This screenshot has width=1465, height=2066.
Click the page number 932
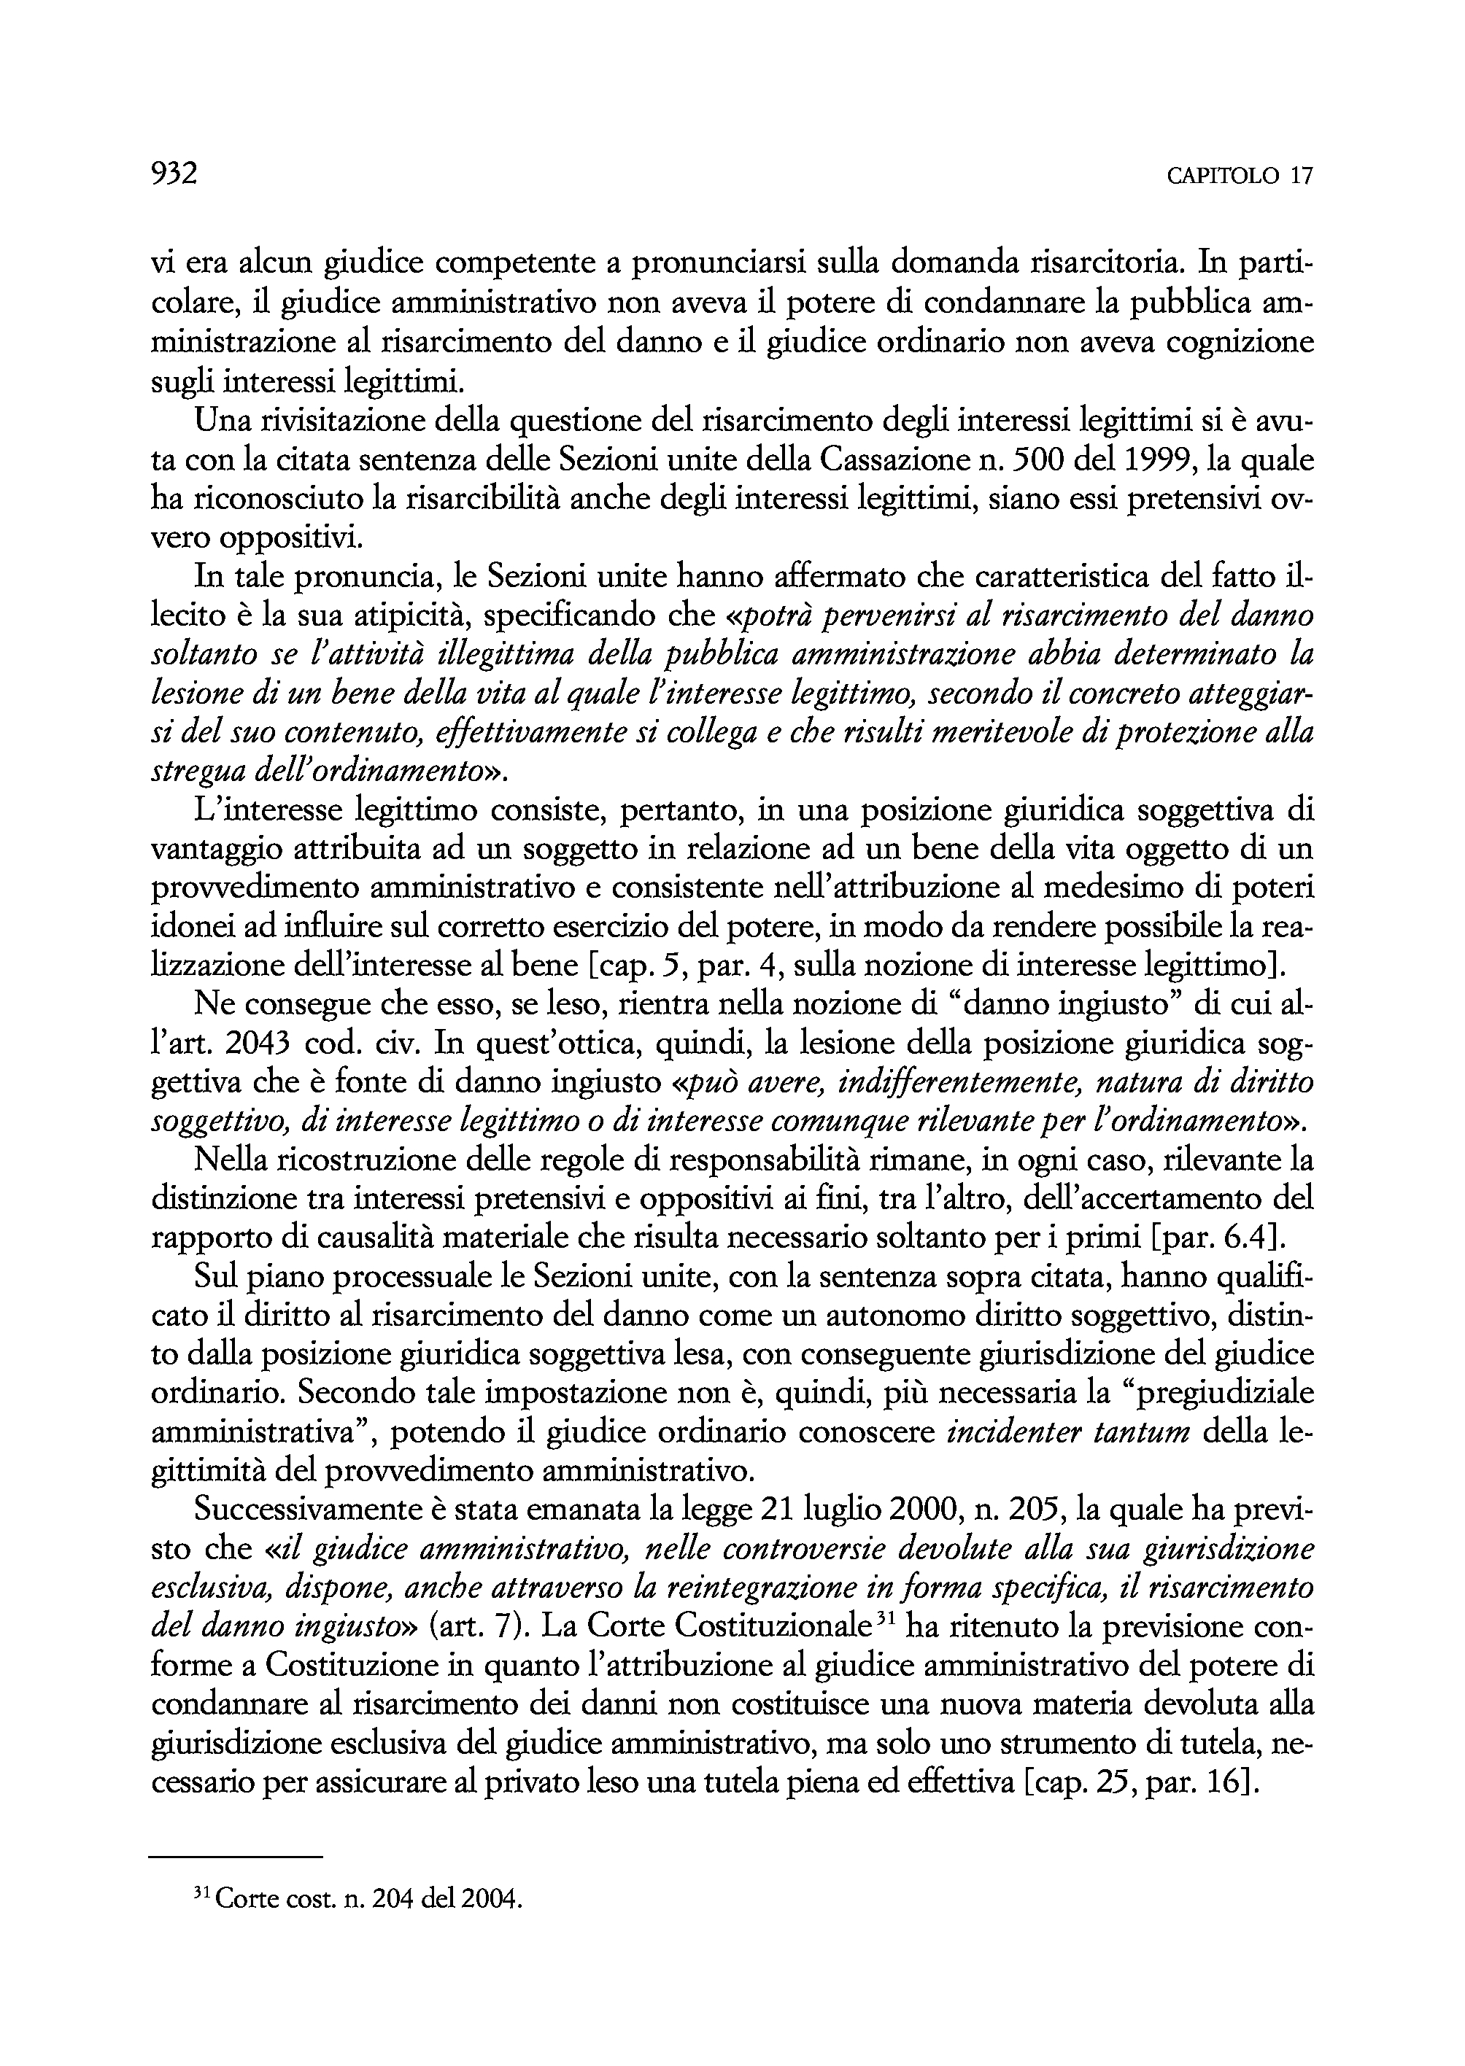174,172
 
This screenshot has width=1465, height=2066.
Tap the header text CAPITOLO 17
1240,175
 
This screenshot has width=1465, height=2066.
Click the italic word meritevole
997,734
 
